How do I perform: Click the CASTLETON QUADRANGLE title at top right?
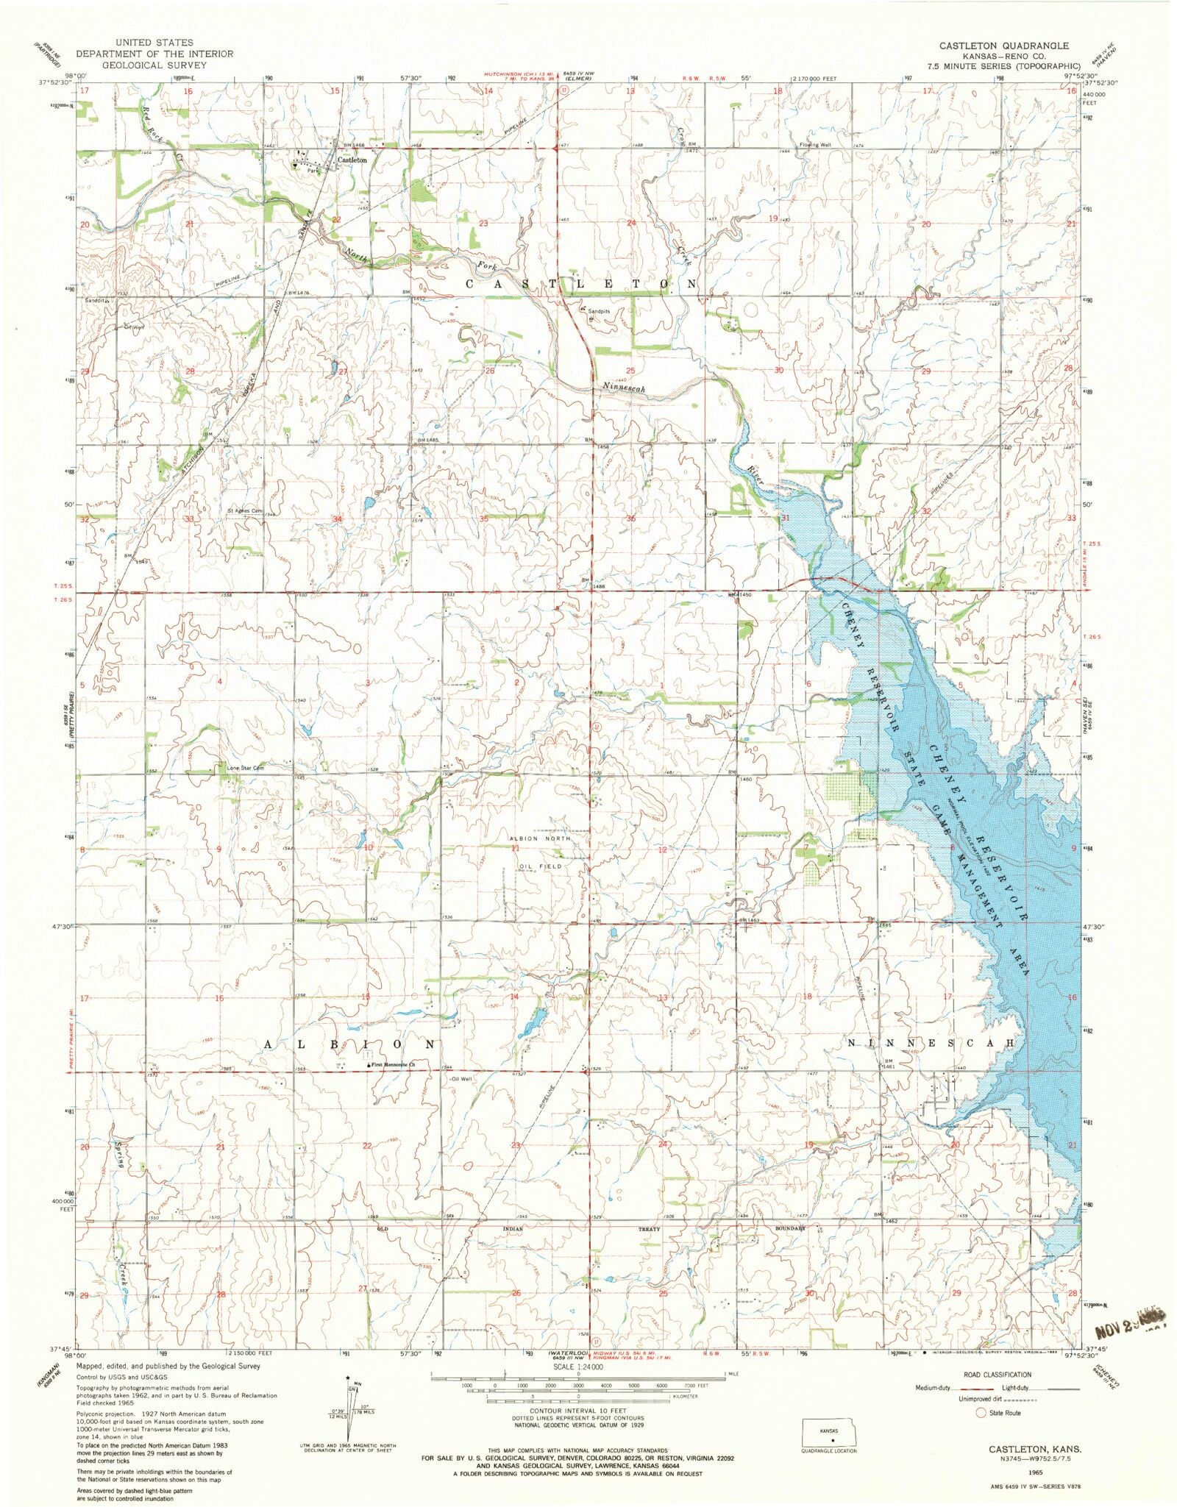click(x=1003, y=46)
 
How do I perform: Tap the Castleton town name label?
click(x=352, y=160)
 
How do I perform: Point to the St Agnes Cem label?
click(x=245, y=510)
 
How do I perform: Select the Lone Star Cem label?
click(x=245, y=768)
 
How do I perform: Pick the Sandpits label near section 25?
click(x=598, y=311)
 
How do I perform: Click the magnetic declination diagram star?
click(x=346, y=1378)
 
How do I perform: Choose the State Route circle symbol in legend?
click(x=980, y=1412)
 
